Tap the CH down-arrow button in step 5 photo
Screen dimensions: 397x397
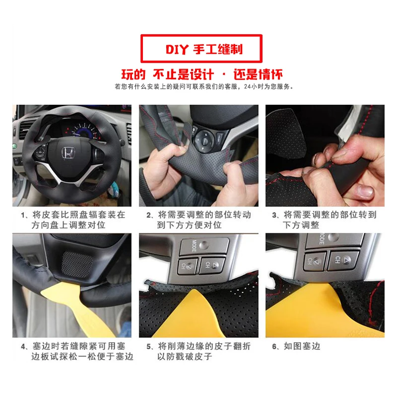(x=187, y=265)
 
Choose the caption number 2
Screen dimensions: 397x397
(x=149, y=216)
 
